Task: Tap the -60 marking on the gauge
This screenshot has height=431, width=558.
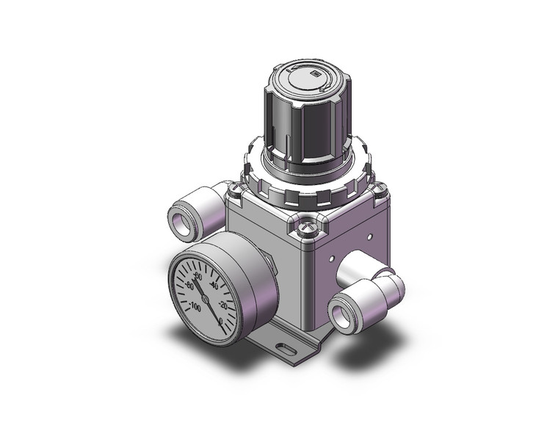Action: coord(189,286)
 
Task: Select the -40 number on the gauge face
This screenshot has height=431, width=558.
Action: coord(214,285)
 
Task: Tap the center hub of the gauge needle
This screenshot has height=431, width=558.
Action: coord(206,299)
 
